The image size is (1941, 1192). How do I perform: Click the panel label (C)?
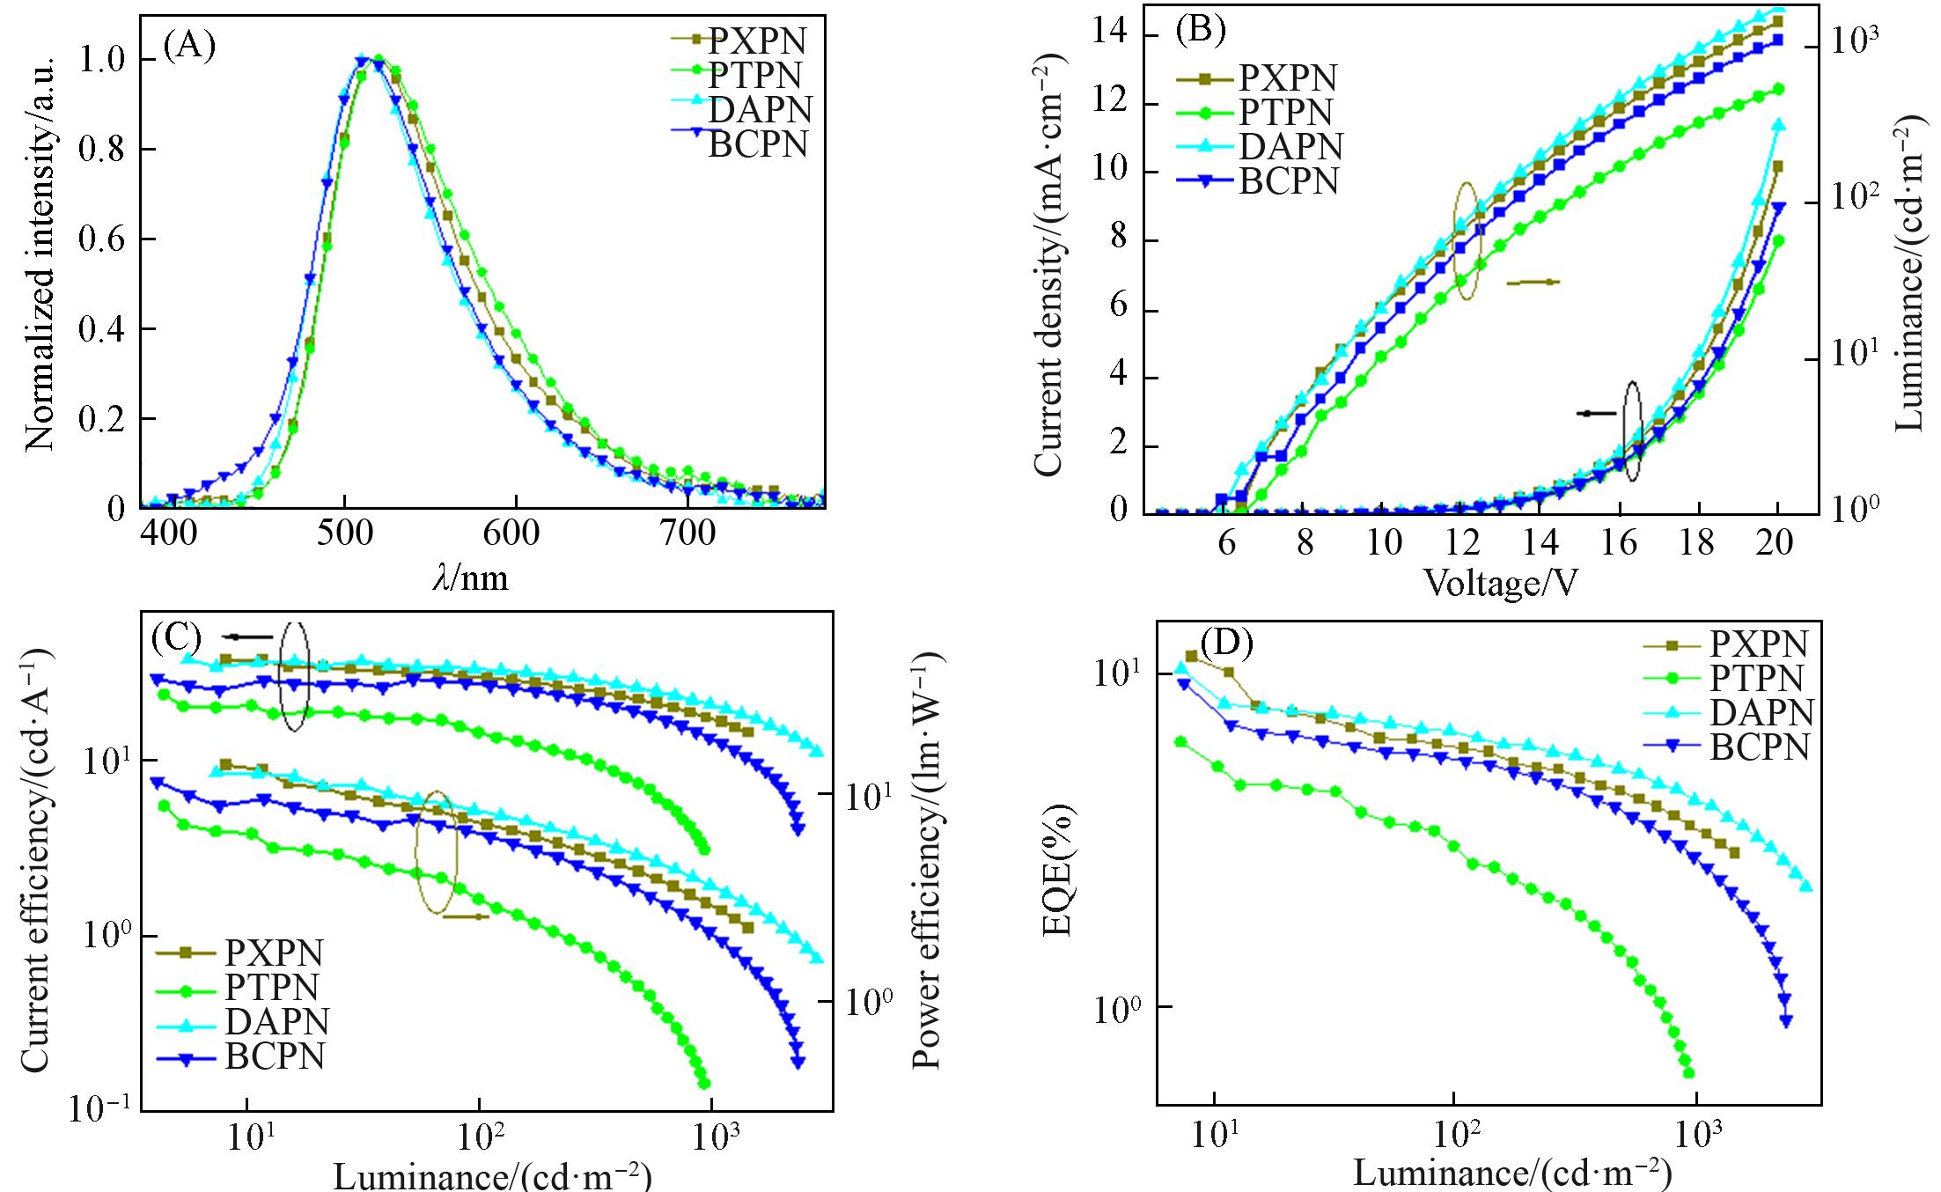pos(177,636)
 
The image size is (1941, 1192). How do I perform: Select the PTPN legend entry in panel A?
pos(756,75)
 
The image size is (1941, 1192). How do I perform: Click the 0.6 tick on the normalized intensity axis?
pos(102,239)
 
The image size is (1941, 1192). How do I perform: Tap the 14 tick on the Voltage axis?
pos(1540,542)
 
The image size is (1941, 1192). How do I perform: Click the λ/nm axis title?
pos(471,578)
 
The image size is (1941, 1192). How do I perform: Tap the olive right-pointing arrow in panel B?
pos(1533,283)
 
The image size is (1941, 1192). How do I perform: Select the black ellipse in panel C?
pos(295,675)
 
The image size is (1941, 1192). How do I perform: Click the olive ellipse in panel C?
pos(437,851)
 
